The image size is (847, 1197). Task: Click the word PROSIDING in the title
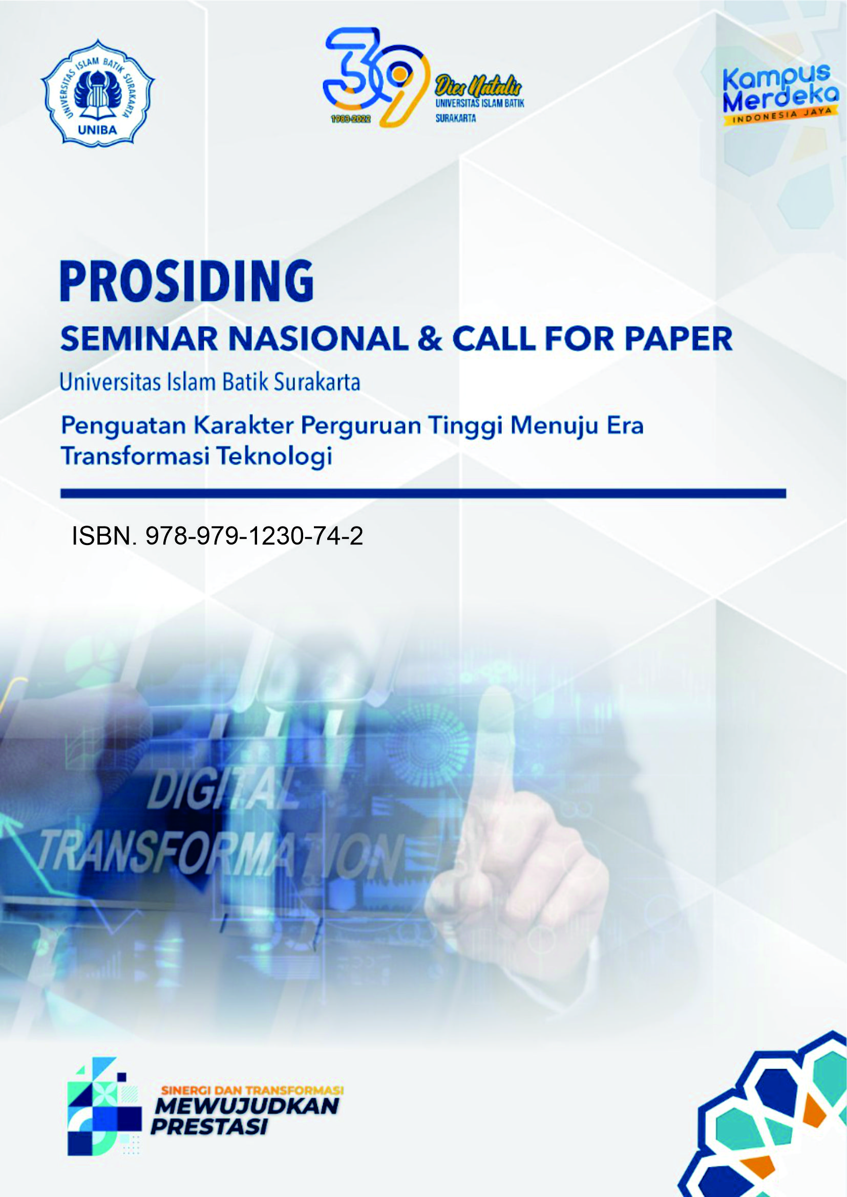(187, 281)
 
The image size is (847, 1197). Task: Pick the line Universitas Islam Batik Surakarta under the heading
(210, 383)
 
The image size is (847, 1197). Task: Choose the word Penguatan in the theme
(123, 427)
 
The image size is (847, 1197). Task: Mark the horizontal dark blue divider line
(423, 493)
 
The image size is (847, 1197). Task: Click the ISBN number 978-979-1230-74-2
(255, 536)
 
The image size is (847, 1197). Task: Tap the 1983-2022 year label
(351, 119)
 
